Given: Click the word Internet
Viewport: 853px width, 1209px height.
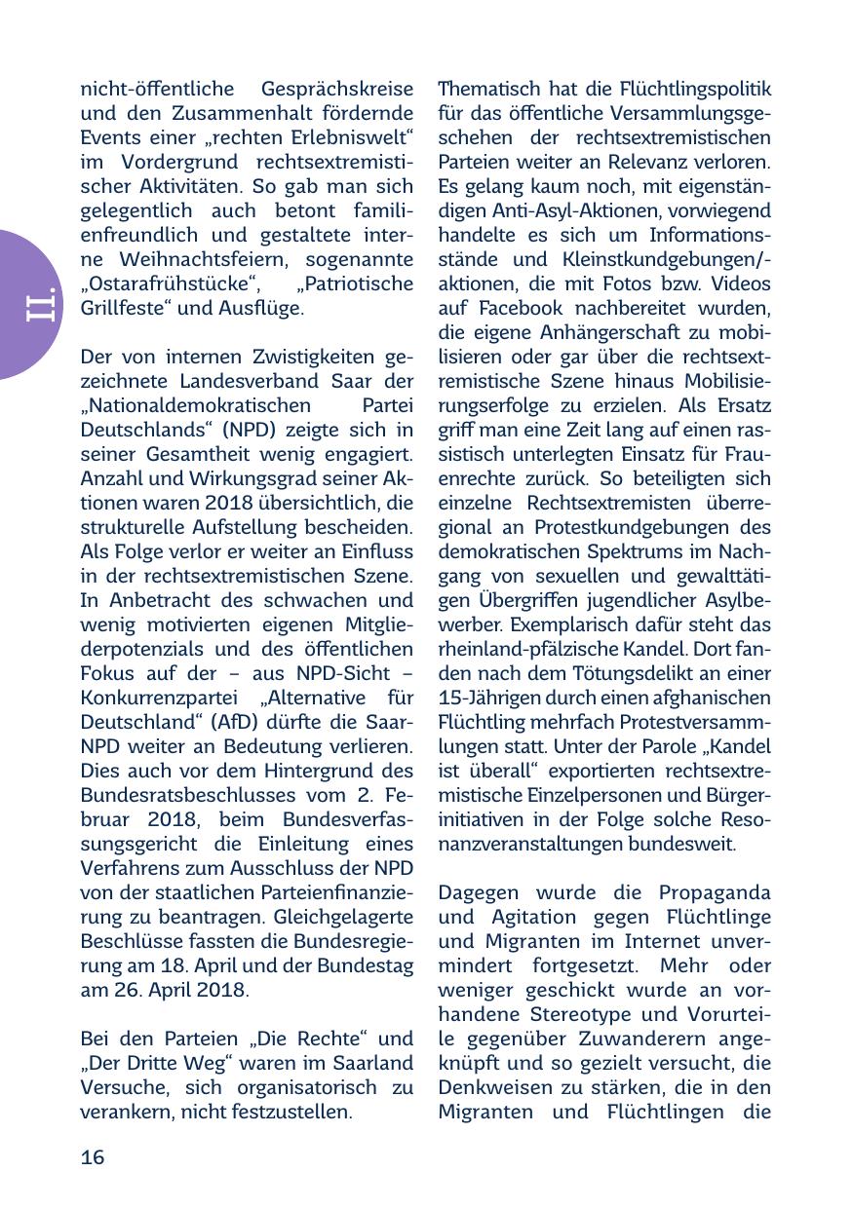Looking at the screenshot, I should click(x=632, y=941).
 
